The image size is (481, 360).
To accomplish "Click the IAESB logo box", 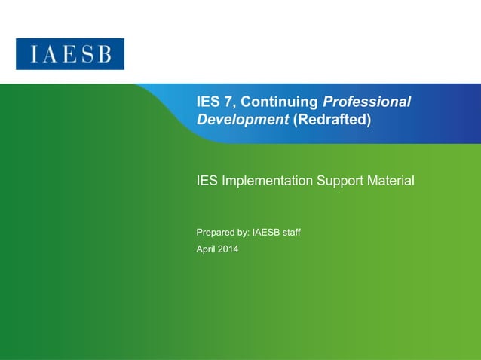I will coord(70,54).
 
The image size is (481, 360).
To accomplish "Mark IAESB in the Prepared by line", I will coord(268,232).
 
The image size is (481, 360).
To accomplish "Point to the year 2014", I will coord(228,249).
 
